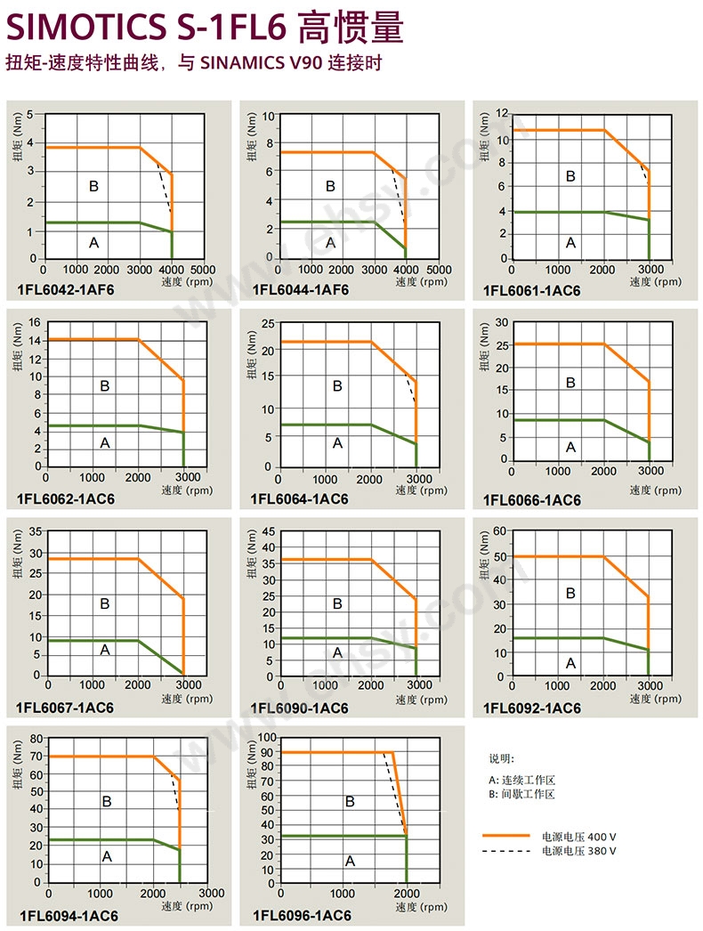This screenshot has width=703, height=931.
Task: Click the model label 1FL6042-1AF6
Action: coord(66,289)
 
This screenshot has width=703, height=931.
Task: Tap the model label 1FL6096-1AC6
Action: coord(302,916)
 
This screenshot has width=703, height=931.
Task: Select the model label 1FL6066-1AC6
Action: coord(532,500)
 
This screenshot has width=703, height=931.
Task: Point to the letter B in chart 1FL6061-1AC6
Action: coord(570,177)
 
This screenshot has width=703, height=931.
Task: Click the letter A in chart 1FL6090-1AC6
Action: coord(337,652)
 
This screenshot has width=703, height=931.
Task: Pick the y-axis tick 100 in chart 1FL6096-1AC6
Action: coord(266,738)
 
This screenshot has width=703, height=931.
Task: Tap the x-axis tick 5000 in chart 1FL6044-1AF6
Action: coord(439,270)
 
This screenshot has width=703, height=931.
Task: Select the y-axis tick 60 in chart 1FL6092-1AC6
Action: coord(500,531)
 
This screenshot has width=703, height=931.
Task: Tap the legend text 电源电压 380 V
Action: coord(578,851)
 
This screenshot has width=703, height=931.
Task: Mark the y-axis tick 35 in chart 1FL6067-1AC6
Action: coord(36,531)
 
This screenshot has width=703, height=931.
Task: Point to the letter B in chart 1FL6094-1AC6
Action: coord(107,802)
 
